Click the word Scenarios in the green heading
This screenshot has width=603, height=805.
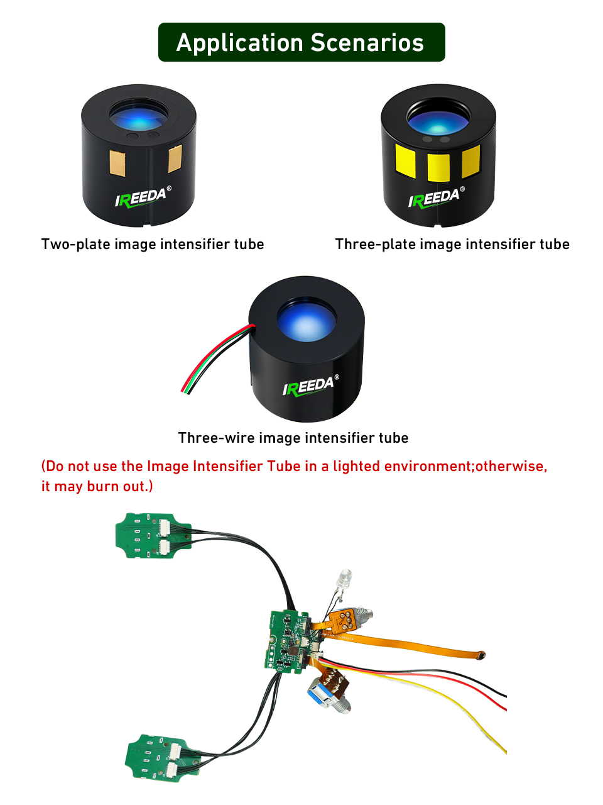pos(367,43)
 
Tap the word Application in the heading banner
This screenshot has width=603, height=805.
pos(239,43)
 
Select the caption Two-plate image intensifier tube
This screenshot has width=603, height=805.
pos(153,244)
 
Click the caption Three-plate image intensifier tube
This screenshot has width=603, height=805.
pos(452,244)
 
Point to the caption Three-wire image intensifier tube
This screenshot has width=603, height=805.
pos(293,438)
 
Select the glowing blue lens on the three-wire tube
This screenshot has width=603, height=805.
pos(306,321)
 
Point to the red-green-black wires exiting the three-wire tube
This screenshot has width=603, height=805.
pos(214,358)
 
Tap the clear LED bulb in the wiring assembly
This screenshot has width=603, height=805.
pos(345,578)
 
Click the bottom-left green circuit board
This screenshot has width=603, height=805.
pos(154,757)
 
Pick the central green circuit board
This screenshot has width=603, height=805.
pos(286,641)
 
